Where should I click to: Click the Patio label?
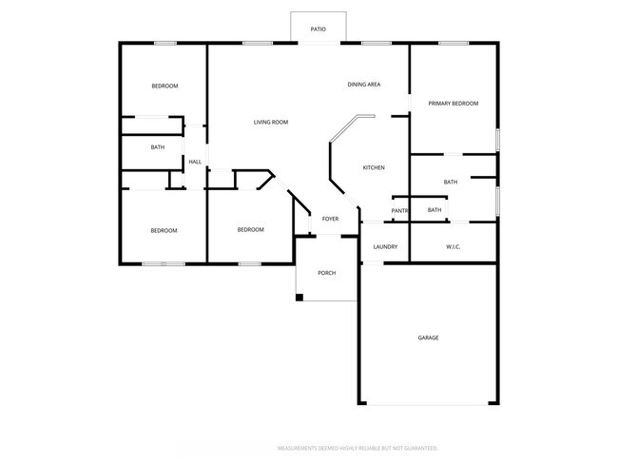(319, 29)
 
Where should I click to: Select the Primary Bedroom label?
(453, 103)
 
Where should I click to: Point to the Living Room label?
(271, 122)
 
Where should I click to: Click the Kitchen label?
(374, 168)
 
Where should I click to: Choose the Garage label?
(428, 337)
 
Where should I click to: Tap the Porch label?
(326, 273)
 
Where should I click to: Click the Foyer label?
(330, 220)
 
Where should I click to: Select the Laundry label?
(385, 247)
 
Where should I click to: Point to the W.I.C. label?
(454, 247)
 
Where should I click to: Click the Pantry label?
(399, 210)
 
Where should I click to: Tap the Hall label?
(195, 162)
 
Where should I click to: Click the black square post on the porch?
(299, 298)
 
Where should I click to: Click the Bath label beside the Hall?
(158, 147)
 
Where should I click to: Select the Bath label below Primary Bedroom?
(451, 182)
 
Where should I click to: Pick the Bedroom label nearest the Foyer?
(251, 229)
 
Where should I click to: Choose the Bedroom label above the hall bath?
(165, 87)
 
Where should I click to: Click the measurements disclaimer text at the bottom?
(357, 447)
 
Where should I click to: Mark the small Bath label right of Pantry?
(435, 210)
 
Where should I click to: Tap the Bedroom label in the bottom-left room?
(164, 230)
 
